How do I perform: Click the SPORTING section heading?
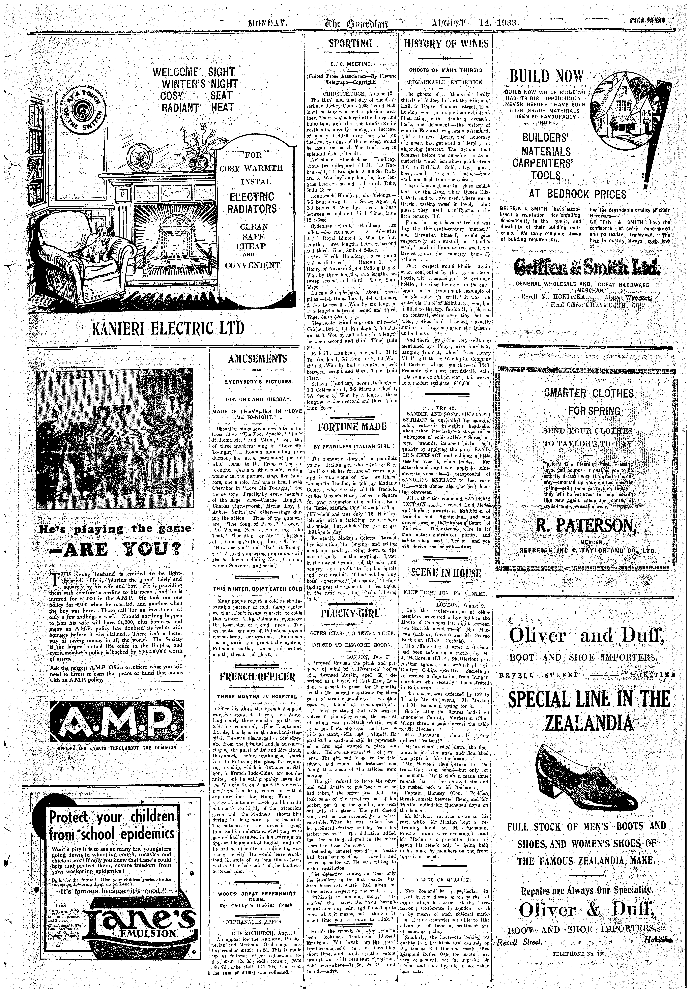[350, 44]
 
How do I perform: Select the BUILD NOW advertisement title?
[546, 77]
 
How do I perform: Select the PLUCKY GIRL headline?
[350, 614]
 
